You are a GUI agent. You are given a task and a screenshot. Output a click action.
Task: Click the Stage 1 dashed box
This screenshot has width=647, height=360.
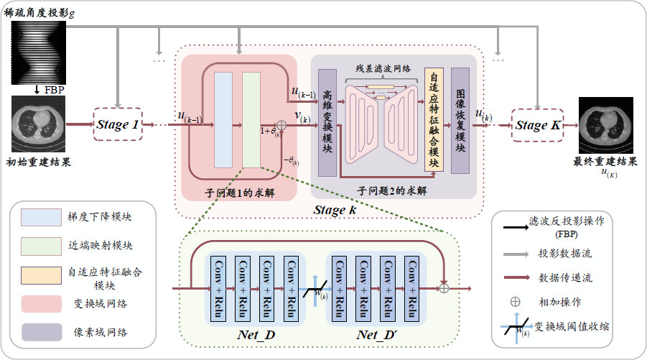point(118,124)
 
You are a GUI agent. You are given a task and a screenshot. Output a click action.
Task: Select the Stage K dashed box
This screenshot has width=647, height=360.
point(536,125)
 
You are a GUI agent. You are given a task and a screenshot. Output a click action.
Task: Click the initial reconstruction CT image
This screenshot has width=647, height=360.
point(39,124)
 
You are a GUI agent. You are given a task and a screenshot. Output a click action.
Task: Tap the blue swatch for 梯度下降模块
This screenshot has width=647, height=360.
point(41,216)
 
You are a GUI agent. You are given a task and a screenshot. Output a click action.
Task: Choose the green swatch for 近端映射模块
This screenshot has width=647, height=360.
point(41,244)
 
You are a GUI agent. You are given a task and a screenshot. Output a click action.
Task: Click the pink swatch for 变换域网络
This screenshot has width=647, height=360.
point(41,303)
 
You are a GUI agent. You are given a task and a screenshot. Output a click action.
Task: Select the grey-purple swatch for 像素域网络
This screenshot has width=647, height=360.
point(41,332)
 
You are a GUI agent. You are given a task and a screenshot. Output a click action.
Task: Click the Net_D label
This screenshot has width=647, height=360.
point(257,334)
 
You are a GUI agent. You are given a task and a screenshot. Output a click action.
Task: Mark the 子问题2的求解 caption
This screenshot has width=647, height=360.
point(392,191)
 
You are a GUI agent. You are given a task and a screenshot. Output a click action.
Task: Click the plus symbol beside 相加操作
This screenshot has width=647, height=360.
point(515,302)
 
